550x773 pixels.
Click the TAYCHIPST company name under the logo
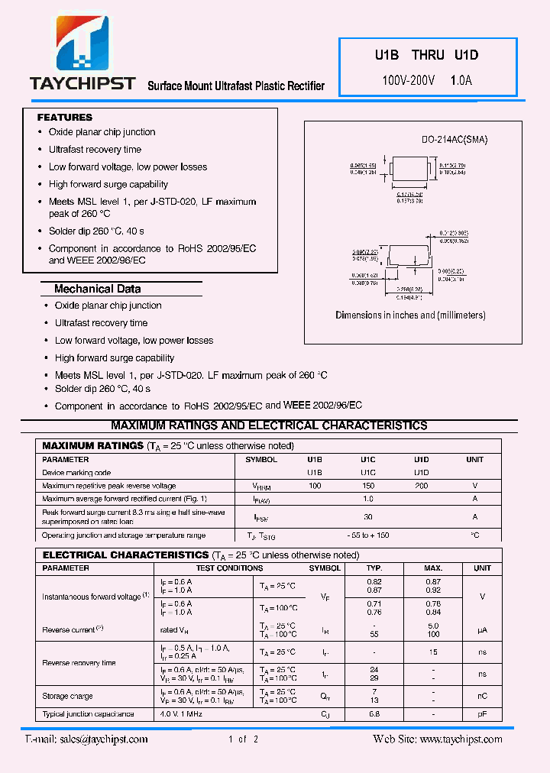pos(82,83)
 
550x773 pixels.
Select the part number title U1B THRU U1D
pos(425,55)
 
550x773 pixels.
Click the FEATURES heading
pos(65,118)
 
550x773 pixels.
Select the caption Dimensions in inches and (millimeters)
pos(410,315)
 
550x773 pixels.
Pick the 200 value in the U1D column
pos(421,486)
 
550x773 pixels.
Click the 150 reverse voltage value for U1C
pos(368,486)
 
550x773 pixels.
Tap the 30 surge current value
pos(368,517)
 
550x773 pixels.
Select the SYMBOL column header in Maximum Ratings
pos(261,460)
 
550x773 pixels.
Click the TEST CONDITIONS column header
pos(229,568)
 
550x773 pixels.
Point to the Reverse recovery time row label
pos(79,663)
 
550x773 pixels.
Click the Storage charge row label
pos(68,696)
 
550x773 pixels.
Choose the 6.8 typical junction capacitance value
pos(374,714)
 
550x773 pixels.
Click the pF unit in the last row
pos(482,714)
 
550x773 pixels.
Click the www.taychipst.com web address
pos(461,739)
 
